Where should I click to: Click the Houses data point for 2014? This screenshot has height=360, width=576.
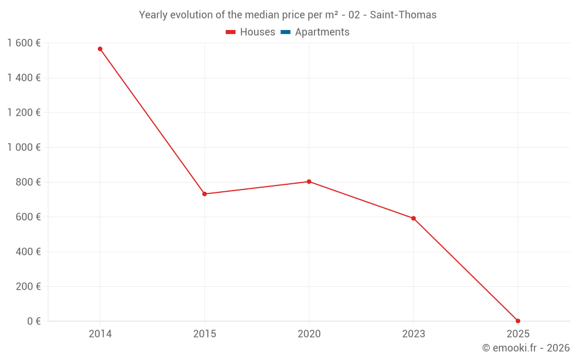[x=100, y=49]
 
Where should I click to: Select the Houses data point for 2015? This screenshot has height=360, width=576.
[x=204, y=194]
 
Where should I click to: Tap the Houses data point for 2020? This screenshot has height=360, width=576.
[x=309, y=181]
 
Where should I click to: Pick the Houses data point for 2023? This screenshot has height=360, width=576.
[x=414, y=218]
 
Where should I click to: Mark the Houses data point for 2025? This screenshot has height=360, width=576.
[x=518, y=321]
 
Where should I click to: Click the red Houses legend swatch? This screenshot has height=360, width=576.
[x=231, y=32]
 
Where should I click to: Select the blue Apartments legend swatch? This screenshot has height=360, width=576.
[x=285, y=32]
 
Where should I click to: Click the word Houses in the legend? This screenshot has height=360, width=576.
[x=257, y=32]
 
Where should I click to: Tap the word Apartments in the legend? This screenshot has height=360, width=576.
[x=322, y=32]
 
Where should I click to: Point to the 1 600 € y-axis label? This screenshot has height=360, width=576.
[x=24, y=43]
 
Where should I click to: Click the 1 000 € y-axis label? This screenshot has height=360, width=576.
[x=24, y=147]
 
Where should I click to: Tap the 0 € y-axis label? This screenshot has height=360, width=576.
[x=34, y=321]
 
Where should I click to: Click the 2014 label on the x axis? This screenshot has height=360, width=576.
[x=100, y=334]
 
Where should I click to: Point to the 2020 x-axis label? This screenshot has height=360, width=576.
[x=309, y=334]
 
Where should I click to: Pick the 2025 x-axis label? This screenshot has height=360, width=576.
[x=518, y=334]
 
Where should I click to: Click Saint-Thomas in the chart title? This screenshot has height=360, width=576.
[x=403, y=15]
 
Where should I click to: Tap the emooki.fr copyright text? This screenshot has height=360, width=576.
[x=526, y=348]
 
